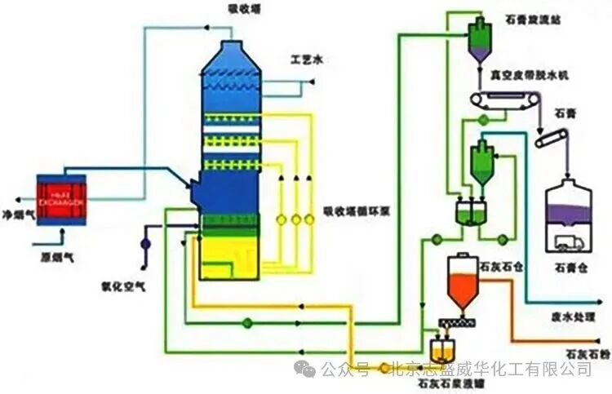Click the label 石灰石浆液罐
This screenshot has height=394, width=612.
[442, 380]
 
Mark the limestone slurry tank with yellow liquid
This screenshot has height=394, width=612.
[441, 353]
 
